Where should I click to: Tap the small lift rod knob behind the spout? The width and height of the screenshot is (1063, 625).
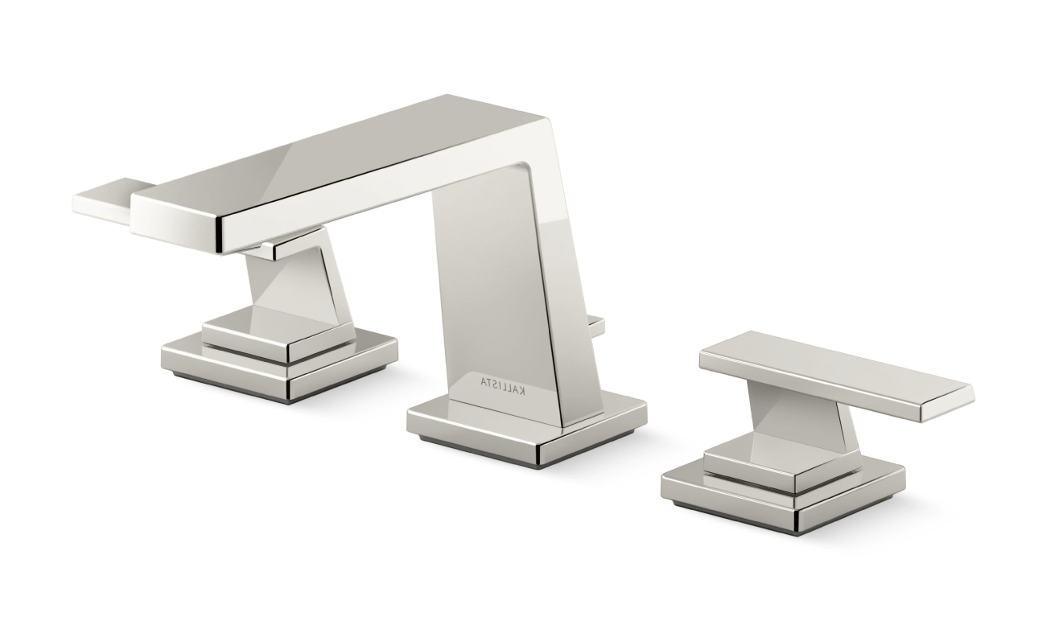[x=597, y=325]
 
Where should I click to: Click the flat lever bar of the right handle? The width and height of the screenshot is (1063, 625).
[x=836, y=376]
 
